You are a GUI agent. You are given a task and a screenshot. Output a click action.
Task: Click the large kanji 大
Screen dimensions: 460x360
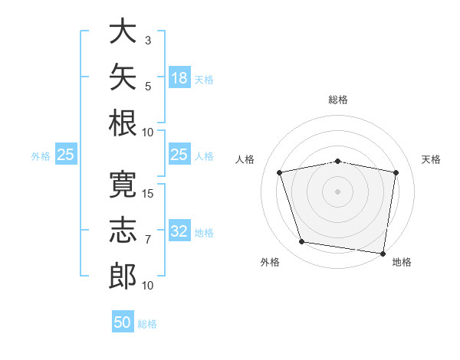point(123,31)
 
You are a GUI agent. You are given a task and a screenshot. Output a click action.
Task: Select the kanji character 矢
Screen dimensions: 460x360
point(123,77)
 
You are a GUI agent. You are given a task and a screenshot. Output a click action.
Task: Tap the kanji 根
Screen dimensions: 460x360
point(123,123)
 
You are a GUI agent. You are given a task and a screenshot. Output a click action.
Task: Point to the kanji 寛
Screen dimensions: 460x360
point(123,185)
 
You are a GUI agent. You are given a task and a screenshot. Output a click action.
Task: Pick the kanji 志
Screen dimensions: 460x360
point(123,230)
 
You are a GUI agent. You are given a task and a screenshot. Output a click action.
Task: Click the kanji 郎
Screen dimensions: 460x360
point(123,277)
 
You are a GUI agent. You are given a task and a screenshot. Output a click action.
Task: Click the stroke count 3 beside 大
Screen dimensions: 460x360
point(148,41)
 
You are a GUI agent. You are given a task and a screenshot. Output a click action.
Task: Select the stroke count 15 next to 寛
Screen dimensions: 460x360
point(147,194)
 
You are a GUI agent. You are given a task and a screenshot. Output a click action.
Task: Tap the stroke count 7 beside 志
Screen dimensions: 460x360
point(148,240)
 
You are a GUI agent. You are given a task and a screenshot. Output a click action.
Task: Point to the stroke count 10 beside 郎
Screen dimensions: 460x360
point(147,286)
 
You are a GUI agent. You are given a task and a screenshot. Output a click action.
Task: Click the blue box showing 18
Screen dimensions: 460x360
point(179,77)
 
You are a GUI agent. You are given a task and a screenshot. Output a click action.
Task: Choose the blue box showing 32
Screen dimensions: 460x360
point(179,230)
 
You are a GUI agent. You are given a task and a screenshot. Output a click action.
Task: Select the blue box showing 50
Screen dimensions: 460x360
point(123,321)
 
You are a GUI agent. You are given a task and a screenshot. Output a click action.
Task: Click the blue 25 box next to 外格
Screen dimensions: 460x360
point(66,154)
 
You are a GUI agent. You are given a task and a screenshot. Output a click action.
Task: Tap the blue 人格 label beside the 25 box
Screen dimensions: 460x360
point(204,156)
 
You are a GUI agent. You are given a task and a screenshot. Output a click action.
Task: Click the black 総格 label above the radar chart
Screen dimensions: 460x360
point(338,100)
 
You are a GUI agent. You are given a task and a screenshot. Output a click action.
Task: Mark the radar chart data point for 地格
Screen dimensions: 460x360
point(383,254)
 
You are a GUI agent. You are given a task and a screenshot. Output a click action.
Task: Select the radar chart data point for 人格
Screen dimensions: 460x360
point(279,172)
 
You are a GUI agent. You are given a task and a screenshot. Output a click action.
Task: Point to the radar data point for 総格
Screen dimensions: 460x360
point(337,162)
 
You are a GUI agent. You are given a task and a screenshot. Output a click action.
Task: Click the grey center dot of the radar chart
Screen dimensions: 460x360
point(337,191)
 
